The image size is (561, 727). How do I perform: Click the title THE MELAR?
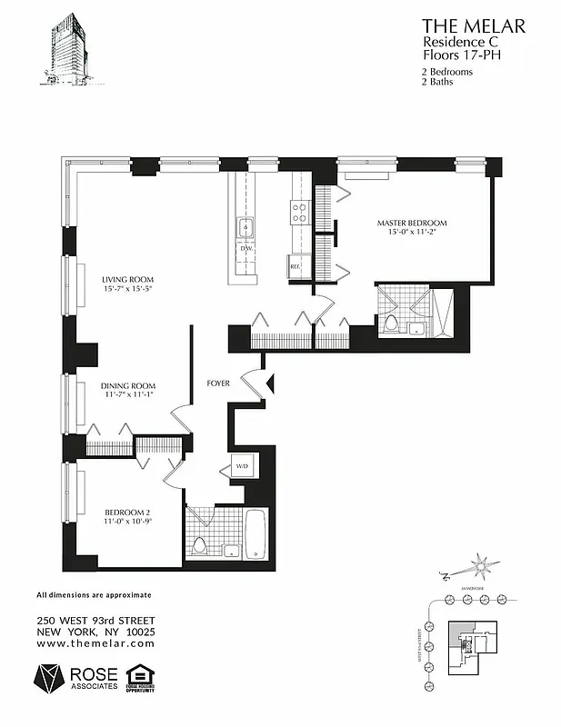tap(473, 26)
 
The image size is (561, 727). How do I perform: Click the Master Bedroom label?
tap(414, 224)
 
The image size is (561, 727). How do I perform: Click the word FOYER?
tap(216, 383)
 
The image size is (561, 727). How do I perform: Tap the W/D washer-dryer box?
tap(242, 467)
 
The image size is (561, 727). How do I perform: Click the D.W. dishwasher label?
tap(245, 247)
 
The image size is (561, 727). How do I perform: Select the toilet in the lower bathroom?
tap(199, 545)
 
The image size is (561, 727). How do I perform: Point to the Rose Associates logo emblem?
tap(48, 677)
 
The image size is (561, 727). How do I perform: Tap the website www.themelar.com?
tap(95, 642)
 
